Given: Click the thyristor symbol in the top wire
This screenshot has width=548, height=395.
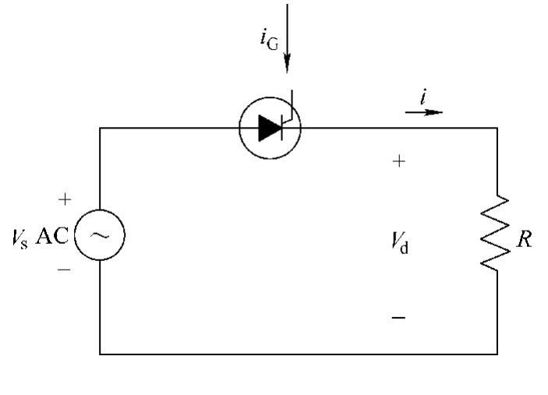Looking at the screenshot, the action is tap(270, 128).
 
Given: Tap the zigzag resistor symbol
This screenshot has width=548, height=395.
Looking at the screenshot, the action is tap(497, 235).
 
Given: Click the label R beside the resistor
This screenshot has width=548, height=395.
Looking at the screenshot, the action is tap(525, 240).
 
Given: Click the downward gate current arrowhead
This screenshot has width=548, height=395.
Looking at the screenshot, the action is tap(288, 65).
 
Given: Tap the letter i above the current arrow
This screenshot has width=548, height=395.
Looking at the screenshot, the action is tap(422, 97).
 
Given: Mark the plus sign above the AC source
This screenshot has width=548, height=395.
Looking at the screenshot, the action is tap(65, 199).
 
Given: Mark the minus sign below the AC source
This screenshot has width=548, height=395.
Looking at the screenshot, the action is tap(65, 270).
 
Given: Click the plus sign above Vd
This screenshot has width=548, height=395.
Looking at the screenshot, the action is tap(398, 161).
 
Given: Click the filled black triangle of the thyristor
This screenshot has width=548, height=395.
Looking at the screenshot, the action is tap(270, 128).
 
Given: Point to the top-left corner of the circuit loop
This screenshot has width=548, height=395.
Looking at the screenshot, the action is tap(101, 128).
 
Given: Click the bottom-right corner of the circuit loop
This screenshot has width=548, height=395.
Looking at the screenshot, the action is tap(497, 354).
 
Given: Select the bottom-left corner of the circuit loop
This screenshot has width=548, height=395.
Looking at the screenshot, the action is tap(101, 354).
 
